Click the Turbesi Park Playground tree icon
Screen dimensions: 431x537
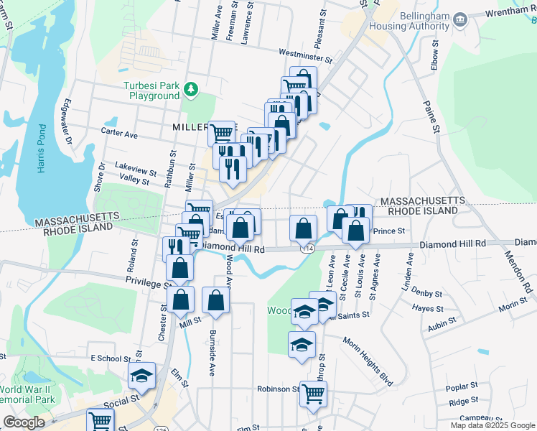tap(190, 89)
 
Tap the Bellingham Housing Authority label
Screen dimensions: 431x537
tap(411, 22)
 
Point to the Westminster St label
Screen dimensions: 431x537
tap(305, 55)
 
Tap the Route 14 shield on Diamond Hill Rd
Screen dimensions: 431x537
tap(308, 248)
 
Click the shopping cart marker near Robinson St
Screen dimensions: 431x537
tap(313, 394)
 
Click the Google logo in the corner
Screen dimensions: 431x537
tap(24, 422)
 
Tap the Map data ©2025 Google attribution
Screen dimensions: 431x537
tap(492, 425)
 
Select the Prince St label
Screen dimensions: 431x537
tap(391, 231)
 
